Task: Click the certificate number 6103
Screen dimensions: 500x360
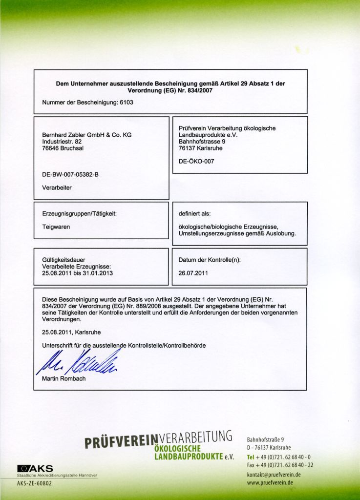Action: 127,103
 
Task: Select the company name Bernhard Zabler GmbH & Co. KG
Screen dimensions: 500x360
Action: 87,135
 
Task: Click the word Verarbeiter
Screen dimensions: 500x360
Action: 57,187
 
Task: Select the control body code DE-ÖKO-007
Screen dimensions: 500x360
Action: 196,161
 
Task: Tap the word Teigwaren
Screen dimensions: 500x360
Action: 56,227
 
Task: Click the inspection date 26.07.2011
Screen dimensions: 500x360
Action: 193,273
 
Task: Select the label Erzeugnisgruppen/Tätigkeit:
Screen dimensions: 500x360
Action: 80,213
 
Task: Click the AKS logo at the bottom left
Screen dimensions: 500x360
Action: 35,468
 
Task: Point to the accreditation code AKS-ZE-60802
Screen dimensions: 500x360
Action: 34,483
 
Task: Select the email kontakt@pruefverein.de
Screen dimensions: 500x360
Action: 274,475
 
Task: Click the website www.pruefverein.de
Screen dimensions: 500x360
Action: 270,483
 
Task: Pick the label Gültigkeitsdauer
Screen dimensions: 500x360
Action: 64,260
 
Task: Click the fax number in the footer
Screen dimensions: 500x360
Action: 285,465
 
